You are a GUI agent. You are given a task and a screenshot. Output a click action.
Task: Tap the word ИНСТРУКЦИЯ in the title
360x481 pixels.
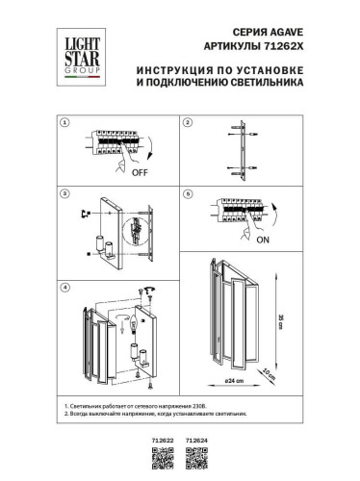175,70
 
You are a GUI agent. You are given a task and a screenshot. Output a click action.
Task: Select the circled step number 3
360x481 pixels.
64,194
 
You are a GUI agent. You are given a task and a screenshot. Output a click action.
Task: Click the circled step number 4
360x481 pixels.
64,288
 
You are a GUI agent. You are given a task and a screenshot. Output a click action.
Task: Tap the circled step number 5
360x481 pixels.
189,194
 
